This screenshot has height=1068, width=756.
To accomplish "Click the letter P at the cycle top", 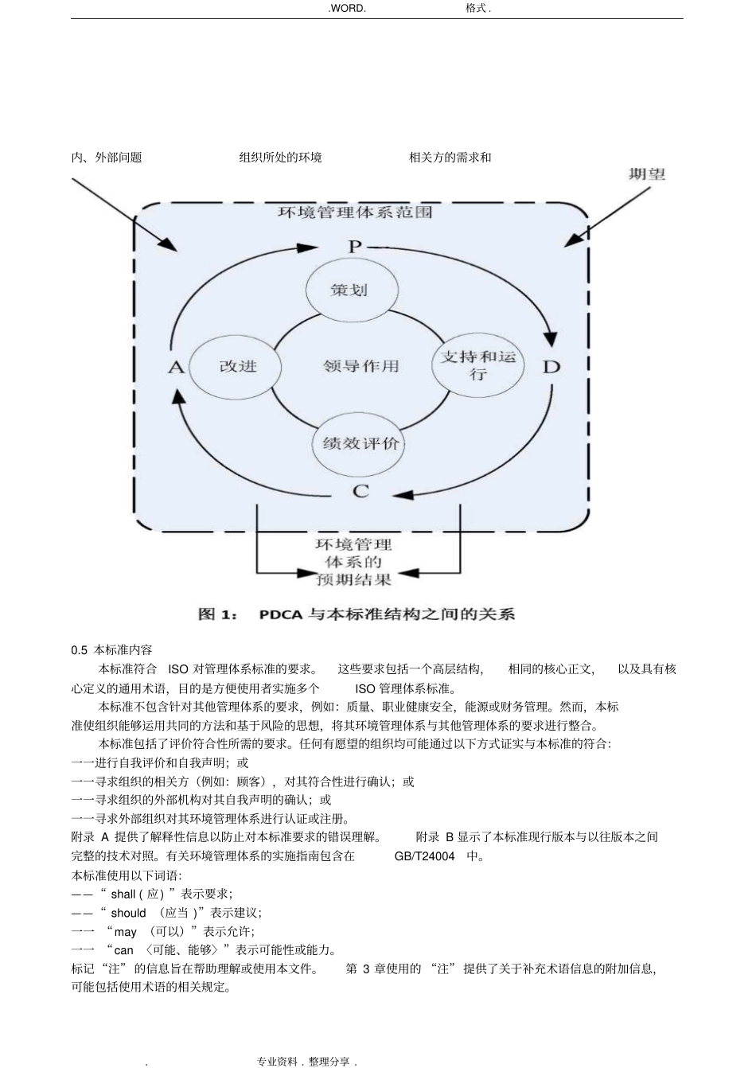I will pos(355,247).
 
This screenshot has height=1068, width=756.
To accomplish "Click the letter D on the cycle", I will pos(551,367).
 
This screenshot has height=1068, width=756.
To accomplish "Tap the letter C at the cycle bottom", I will pos(360,492).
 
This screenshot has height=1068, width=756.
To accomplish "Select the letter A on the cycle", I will pos(176,367).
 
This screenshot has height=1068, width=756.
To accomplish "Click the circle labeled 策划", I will pos(350,290).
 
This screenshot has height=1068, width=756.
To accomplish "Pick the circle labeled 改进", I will pos(238,367).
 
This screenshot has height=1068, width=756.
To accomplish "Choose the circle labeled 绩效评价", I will pos(360,443).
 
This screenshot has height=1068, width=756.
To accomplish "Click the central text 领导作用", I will pos(360,367).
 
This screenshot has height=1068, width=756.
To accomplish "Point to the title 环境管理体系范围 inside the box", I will pos(355,213).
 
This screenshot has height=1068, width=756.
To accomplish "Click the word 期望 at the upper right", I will pos(646,174).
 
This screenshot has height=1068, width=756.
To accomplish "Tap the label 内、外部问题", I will pos(107,158).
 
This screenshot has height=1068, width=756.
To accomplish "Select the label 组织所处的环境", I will pos(280,158).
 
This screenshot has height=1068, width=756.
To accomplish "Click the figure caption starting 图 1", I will pos(356,614).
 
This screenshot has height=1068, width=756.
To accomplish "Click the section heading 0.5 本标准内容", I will pos(111,650).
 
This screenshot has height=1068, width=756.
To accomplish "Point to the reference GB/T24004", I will pos(424,856).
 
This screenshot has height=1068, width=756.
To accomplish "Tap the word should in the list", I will pos(128,913).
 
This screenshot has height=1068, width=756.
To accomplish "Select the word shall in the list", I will pos(123,894).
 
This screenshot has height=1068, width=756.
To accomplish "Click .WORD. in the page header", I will pos(347,8).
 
